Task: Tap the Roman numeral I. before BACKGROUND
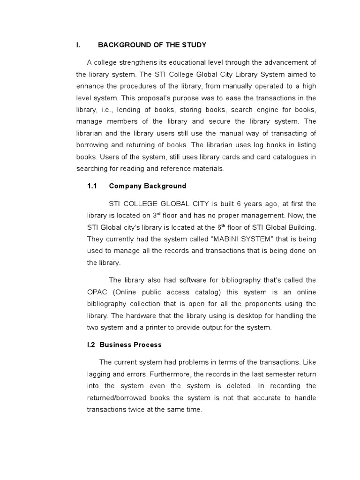pos(78,45)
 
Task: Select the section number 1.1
pos(92,186)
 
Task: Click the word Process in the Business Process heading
pos(147,345)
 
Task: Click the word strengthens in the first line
pos(137,62)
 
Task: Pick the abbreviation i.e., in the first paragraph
pos(105,110)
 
